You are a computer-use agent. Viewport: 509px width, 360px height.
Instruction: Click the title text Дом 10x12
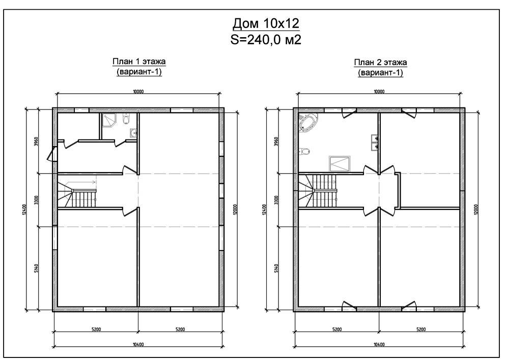[x=266, y=23]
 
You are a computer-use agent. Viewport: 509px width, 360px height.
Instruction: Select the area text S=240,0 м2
[x=266, y=40]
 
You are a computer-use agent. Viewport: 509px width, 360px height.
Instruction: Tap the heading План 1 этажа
[x=139, y=61]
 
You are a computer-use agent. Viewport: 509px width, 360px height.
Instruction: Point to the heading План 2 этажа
[x=380, y=62]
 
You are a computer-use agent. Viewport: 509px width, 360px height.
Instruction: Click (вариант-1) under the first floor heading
[x=139, y=71]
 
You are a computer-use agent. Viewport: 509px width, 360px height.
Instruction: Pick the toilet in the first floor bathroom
[x=126, y=119]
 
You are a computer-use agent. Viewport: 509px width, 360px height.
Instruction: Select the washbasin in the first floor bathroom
[x=133, y=133]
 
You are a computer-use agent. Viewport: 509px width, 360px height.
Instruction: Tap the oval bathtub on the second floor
[x=308, y=123]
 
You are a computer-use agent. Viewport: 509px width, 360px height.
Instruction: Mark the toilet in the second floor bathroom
[x=304, y=151]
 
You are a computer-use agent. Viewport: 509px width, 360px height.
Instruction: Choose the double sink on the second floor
[x=375, y=142]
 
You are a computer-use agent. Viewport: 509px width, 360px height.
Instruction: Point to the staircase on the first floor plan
[x=77, y=194]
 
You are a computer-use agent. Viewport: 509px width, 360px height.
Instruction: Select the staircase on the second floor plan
[x=318, y=191]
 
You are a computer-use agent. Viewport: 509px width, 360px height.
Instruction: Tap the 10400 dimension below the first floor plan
[x=138, y=344]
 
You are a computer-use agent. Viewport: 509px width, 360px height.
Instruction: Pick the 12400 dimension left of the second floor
[x=264, y=210]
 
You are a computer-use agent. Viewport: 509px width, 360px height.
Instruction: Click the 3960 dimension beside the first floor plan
[x=36, y=142]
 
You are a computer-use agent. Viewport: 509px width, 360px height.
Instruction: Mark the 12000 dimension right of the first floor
[x=235, y=209]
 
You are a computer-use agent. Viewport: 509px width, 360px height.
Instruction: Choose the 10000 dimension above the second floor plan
[x=379, y=92]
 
